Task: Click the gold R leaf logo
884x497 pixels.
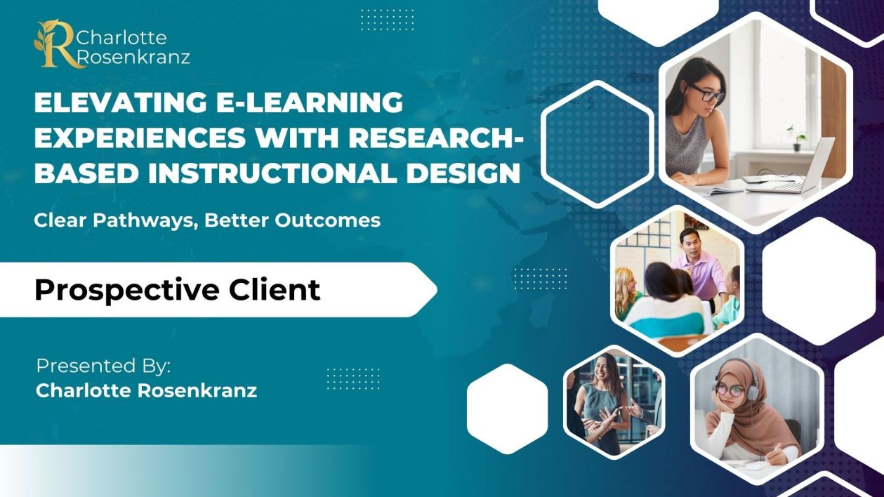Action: pyautogui.click(x=55, y=44)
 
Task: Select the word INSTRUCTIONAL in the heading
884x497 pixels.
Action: pyautogui.click(x=272, y=173)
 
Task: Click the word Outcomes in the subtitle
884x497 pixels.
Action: pyautogui.click(x=328, y=220)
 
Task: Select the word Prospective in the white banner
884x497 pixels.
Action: pyautogui.click(x=126, y=291)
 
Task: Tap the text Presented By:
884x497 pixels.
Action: pyautogui.click(x=103, y=366)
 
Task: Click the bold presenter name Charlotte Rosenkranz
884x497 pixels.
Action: pyautogui.click(x=147, y=390)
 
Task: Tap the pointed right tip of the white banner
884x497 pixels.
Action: pyautogui.click(x=437, y=289)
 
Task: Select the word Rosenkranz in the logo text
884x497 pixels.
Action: pyautogui.click(x=134, y=57)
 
